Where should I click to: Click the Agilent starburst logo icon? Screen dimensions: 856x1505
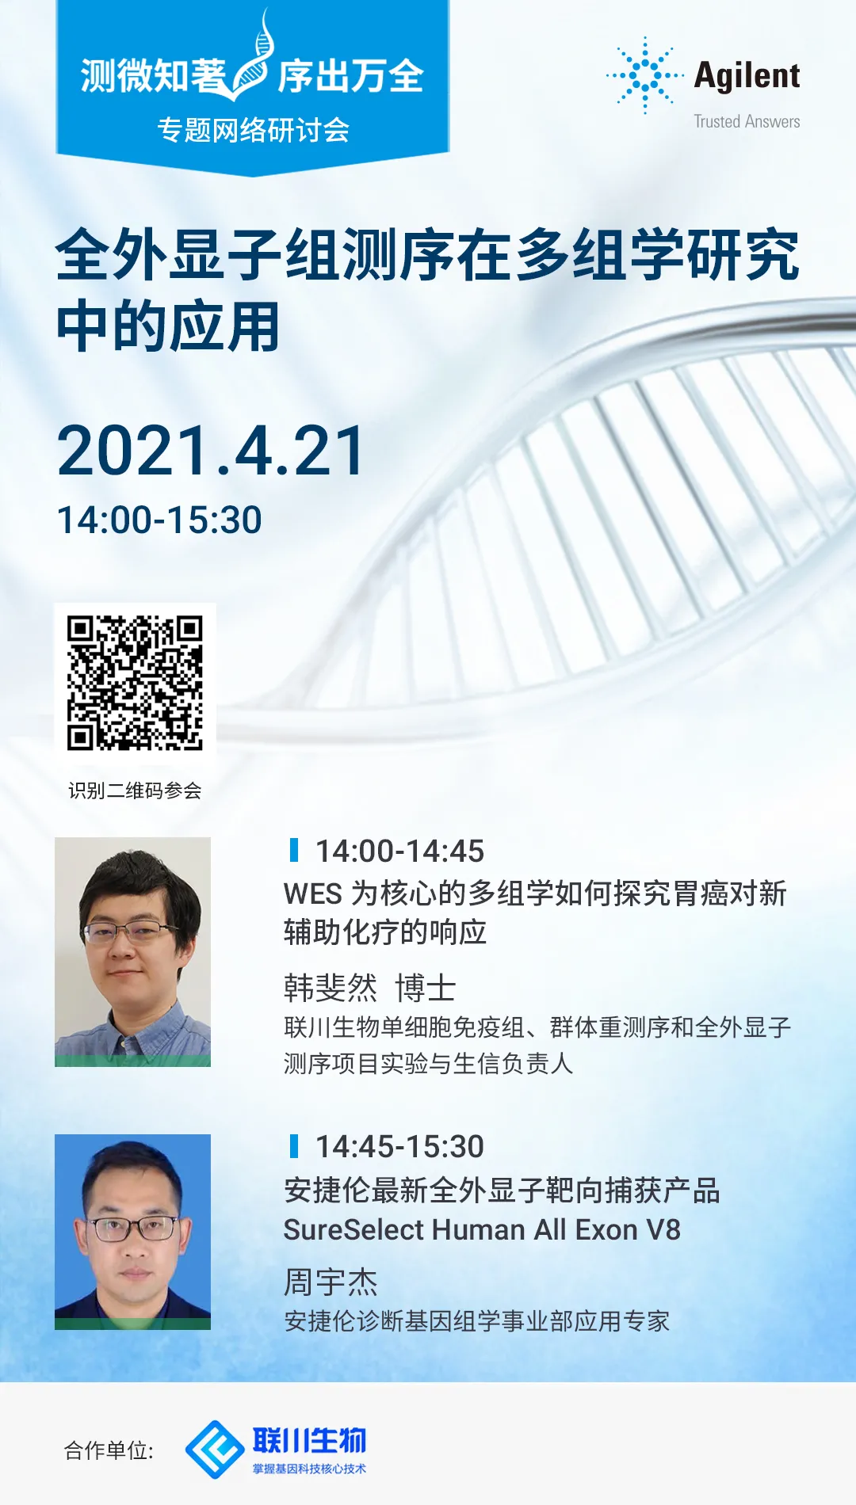645,75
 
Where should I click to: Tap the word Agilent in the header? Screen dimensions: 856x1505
747,76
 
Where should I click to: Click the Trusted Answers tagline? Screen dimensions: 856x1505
747,121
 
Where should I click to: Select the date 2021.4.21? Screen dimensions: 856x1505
211,451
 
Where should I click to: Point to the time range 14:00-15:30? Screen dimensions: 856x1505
159,520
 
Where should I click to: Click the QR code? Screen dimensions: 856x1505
135,683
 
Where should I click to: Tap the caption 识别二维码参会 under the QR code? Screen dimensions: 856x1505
135,791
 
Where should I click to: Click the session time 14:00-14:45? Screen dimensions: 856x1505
399,851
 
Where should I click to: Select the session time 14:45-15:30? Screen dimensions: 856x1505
399,1146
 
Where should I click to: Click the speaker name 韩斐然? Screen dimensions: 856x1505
331,988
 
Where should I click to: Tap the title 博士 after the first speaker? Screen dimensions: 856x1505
426,988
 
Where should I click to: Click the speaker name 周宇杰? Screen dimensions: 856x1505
331,1282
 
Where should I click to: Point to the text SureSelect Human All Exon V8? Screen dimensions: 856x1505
482,1230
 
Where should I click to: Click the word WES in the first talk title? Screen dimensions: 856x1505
312,893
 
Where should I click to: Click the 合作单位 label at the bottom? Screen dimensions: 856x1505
109,1450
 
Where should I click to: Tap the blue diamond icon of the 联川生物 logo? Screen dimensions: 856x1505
214,1450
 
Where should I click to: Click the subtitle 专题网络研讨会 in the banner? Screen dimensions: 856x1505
254,130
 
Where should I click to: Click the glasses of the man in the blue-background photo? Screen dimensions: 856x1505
132,1229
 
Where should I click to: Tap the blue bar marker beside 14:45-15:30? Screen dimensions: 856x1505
294,1145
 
